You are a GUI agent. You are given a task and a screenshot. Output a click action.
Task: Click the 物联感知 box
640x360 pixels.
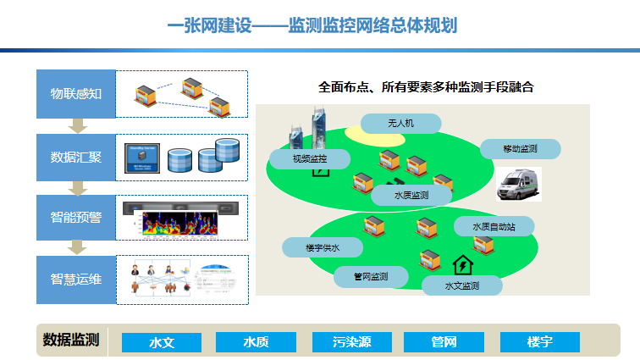[x=75, y=93]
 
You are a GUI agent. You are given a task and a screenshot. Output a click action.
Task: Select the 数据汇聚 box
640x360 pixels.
[x=75, y=157]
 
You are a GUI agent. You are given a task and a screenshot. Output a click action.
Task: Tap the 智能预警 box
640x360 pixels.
[x=75, y=217]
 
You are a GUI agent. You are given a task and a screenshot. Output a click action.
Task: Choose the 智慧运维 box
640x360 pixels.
[x=75, y=279]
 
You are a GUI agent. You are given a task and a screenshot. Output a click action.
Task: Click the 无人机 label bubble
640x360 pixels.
[x=400, y=124]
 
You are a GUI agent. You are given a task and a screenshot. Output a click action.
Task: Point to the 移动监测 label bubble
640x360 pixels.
[x=521, y=149]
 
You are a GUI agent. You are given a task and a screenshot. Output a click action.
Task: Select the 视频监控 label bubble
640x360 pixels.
[x=309, y=158]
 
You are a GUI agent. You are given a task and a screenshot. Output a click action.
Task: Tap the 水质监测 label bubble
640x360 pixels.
[x=411, y=195]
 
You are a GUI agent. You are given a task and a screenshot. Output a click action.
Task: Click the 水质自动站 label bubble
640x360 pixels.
[x=494, y=226]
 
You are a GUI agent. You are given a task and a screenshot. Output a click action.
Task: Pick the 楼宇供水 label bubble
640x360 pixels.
[x=323, y=247]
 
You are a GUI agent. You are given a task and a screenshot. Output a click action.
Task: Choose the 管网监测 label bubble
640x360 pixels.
[x=370, y=277]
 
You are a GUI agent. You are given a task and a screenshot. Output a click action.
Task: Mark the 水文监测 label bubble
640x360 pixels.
[x=462, y=285]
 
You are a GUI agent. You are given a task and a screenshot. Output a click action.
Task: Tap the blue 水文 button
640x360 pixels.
[x=162, y=342]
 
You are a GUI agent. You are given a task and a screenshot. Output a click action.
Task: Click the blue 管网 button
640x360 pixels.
[x=444, y=342]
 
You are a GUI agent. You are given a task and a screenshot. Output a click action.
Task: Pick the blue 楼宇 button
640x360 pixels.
[x=539, y=342]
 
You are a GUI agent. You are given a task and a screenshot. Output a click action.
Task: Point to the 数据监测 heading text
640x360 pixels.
[x=71, y=341]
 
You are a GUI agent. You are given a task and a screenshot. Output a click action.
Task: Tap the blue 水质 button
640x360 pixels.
[x=256, y=342]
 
